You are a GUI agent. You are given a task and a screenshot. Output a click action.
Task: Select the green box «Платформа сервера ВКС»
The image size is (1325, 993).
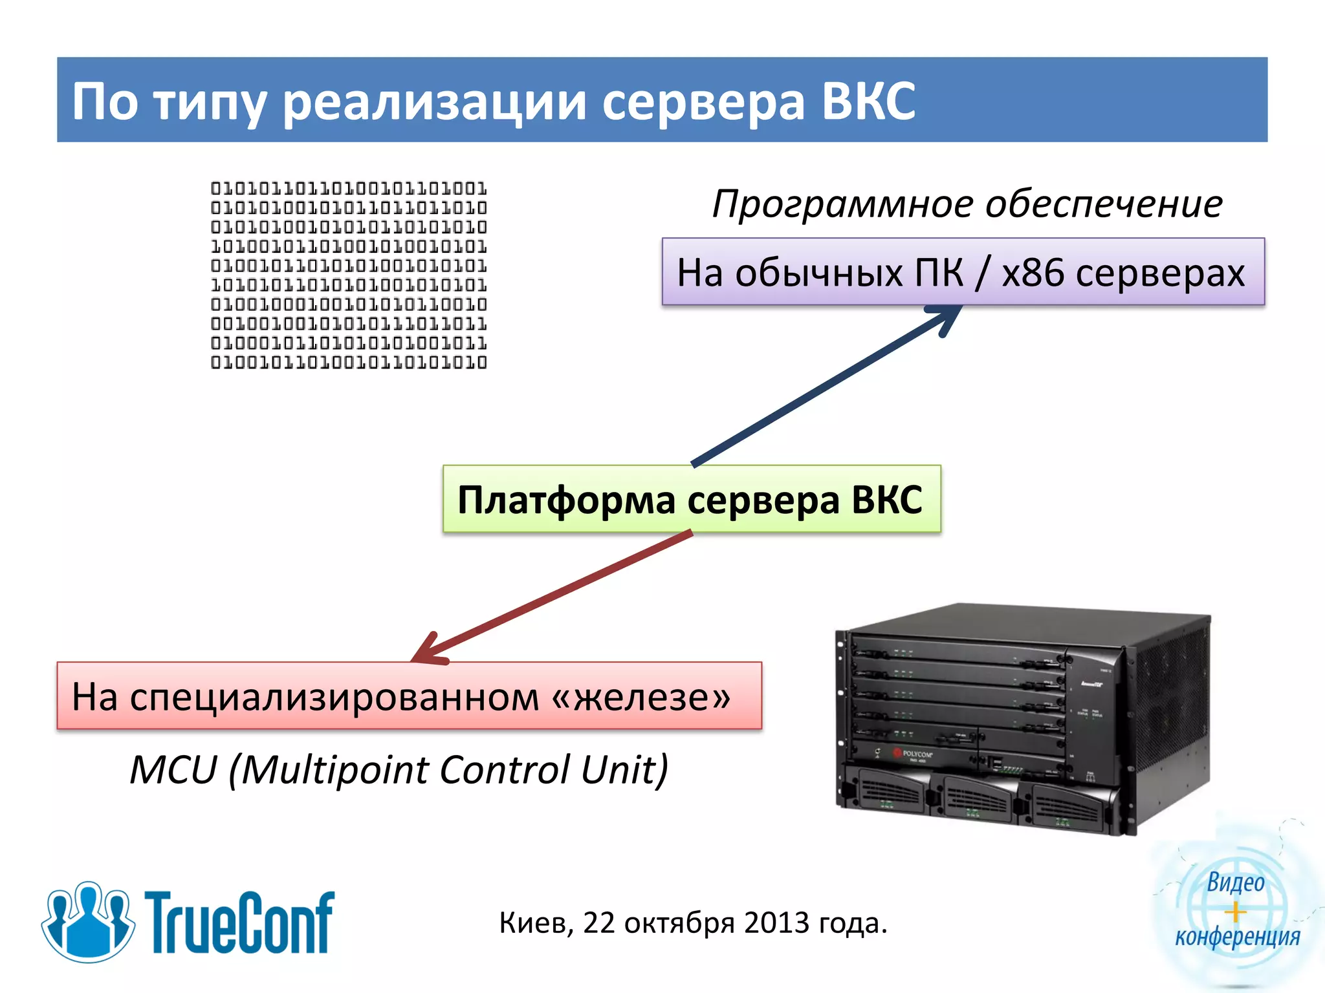691,499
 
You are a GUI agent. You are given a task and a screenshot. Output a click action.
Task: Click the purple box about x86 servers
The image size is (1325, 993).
963,272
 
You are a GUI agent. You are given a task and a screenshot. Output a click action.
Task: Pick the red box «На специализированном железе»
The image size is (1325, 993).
409,696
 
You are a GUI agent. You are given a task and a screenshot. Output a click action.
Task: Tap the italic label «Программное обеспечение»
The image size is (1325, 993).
967,204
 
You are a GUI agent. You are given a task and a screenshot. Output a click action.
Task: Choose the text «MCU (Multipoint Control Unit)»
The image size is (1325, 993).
399,769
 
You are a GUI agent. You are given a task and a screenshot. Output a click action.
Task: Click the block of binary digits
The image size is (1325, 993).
349,275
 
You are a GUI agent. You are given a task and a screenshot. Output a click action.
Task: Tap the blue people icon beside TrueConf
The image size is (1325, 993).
88,921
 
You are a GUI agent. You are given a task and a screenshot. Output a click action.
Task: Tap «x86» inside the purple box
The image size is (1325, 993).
1033,272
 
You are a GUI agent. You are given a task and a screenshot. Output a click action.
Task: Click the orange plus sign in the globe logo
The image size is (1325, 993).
1235,912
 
